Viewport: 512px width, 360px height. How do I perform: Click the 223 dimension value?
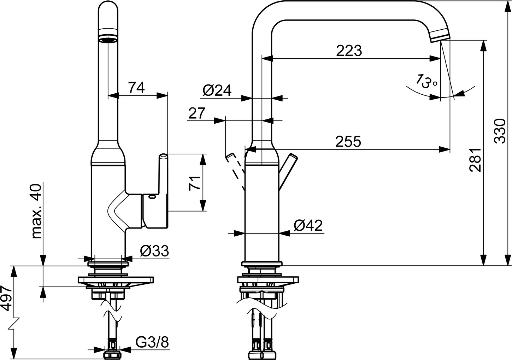click(349, 51)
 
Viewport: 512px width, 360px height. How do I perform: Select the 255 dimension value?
click(348, 141)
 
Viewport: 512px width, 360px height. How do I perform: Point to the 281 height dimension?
click(475, 160)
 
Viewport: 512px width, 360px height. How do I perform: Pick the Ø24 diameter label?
click(217, 90)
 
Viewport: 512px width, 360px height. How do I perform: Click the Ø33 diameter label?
click(154, 251)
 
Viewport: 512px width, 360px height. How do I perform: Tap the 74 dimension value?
click(136, 88)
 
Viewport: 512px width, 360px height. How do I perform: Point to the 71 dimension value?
click(194, 183)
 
